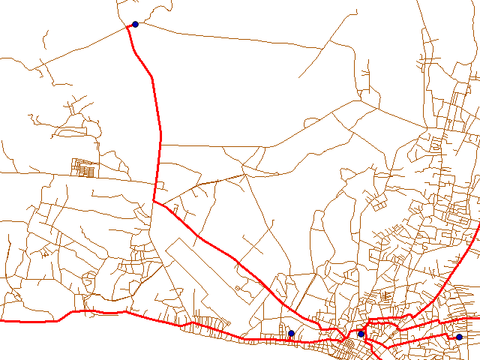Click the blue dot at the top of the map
135,24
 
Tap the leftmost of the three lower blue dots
291,333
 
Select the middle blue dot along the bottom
361,334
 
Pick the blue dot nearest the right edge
459,337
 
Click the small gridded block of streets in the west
84,166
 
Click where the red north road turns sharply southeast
154,202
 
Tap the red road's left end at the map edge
2,321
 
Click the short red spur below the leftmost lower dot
290,338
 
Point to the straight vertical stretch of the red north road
160,150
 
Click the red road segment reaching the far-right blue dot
453,337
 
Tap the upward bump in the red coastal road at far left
75,311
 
